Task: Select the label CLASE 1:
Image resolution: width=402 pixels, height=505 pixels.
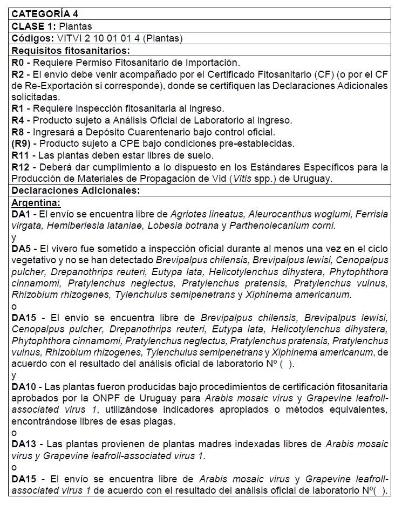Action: [x=33, y=26]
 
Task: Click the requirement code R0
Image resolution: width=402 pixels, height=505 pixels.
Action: [x=17, y=63]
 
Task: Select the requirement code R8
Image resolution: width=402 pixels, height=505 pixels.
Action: [x=17, y=132]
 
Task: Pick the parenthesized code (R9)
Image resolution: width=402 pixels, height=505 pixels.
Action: [x=21, y=144]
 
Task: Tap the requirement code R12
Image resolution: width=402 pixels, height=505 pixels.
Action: [x=20, y=167]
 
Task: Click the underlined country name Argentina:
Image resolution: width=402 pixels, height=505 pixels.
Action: [x=36, y=202]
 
